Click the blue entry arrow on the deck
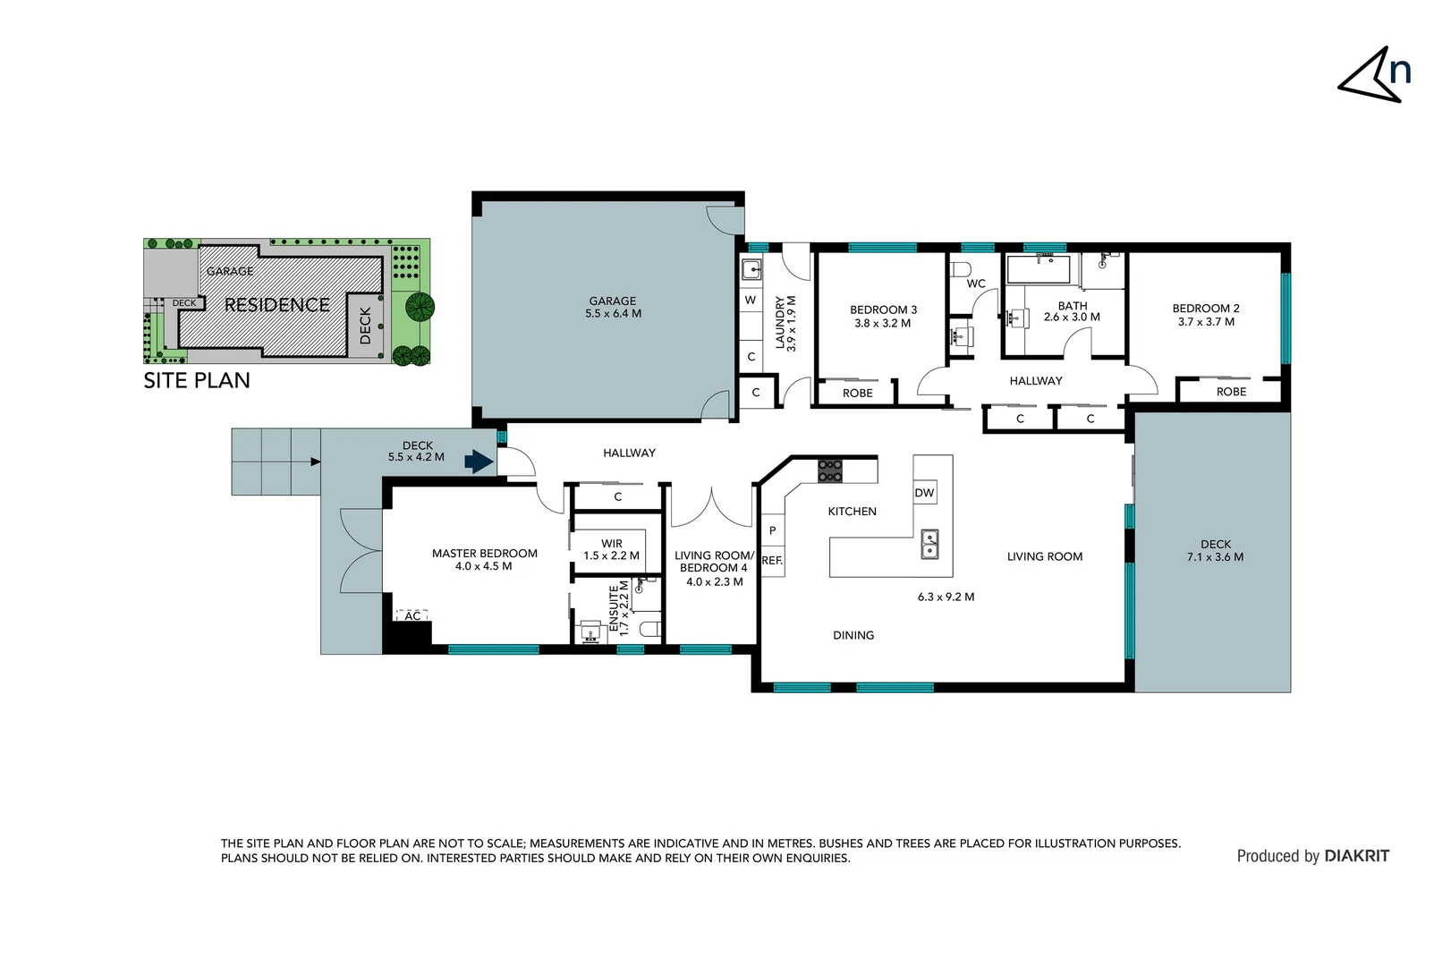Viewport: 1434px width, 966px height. coord(479,462)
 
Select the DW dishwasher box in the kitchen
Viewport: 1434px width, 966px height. coord(924,493)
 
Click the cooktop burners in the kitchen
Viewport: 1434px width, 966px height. coord(830,470)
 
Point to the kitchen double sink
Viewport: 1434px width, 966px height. coord(930,543)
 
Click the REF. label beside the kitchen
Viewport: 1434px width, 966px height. coord(772,561)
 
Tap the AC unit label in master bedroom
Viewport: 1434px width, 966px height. coord(412,615)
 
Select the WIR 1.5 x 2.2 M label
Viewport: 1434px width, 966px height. coord(611,549)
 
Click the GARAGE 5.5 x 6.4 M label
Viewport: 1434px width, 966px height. coord(613,307)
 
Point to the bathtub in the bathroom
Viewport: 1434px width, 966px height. coord(1038,269)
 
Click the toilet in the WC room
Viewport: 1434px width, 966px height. coord(961,269)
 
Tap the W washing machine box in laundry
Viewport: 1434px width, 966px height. coord(751,300)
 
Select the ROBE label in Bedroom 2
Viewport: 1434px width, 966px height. coord(1231,392)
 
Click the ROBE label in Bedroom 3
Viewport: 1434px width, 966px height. coord(857,393)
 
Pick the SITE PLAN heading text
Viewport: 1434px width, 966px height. coord(197,380)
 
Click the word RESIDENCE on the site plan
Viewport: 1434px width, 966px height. coord(276,305)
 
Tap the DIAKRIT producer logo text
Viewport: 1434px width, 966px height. coord(1356,856)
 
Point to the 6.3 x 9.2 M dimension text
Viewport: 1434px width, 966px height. coord(946,597)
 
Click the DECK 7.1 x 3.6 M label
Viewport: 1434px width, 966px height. coord(1215,550)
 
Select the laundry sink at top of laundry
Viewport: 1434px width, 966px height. coord(751,269)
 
